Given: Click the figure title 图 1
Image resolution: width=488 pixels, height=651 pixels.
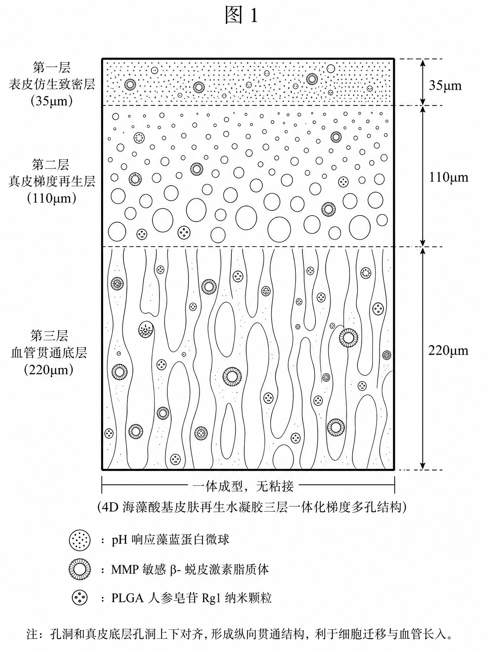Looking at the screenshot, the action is point(241,15).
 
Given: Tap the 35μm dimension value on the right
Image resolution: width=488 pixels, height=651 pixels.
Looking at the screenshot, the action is point(445,86).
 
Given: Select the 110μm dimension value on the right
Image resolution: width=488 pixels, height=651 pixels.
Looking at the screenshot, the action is point(448,177).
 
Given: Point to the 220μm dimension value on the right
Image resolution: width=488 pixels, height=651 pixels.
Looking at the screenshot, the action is point(448,350).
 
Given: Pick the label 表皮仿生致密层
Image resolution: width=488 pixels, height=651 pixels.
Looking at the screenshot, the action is point(51,85).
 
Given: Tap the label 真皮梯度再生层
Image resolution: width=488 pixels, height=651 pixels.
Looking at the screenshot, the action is point(51,182).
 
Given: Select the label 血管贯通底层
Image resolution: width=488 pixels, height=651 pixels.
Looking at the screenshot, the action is point(49,353).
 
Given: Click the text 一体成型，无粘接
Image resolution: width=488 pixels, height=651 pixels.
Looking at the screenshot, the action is point(243,486).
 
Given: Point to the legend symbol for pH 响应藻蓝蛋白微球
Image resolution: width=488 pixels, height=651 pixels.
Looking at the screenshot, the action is point(79,540).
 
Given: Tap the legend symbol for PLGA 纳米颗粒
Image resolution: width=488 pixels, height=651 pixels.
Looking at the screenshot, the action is point(79,598).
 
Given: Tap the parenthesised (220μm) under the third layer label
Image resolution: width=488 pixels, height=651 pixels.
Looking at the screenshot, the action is point(49,370).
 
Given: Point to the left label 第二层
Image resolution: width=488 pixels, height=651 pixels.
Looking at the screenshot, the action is point(51,165).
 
